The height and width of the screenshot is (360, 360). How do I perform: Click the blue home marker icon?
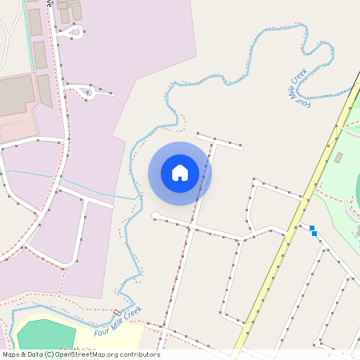(x=180, y=172)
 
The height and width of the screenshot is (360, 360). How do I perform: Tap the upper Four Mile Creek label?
(x=298, y=86)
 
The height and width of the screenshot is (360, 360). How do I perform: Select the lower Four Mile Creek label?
(x=118, y=321)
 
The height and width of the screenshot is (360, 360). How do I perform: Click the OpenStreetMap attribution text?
(x=81, y=354)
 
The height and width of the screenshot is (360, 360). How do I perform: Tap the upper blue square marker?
(x=312, y=228)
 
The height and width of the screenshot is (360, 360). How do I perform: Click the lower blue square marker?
(x=314, y=234)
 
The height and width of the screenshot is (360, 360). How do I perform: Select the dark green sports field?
(x=46, y=336)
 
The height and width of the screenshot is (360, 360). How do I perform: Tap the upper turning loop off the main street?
(x=74, y=32)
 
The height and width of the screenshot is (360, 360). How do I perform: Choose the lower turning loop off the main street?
(x=86, y=92)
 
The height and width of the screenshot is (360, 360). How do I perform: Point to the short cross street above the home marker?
(x=220, y=141)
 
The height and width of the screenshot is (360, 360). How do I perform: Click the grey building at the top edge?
(x=76, y=10)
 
